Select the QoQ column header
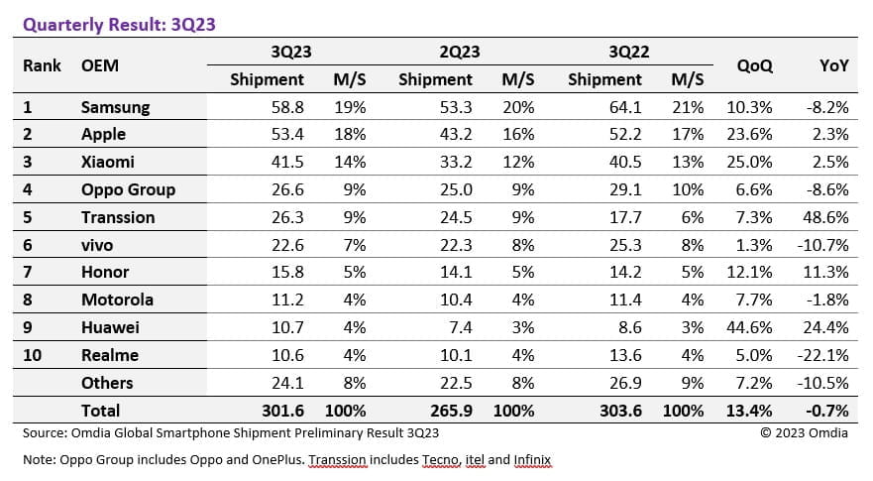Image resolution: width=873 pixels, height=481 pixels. (755, 65)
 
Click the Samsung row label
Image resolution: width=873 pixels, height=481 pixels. (115, 106)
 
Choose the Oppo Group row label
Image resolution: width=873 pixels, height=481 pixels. (128, 189)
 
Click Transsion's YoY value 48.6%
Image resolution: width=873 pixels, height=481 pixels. (828, 217)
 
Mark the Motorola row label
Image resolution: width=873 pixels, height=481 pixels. (117, 300)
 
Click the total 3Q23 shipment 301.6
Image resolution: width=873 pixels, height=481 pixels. (283, 410)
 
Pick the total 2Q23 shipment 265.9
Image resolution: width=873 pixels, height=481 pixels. (453, 410)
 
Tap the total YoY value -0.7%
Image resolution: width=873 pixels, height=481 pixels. (828, 410)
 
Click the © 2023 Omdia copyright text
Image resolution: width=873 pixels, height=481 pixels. (804, 432)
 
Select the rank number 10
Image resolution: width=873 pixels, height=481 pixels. (33, 355)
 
